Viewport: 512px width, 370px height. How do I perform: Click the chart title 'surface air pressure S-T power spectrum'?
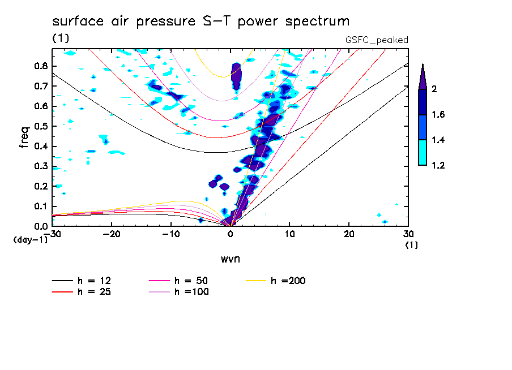[x=200, y=21]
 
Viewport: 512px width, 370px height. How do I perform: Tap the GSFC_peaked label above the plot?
[x=377, y=40]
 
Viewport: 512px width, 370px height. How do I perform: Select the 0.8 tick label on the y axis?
[x=40, y=66]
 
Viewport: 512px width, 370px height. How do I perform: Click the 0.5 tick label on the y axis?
[x=40, y=126]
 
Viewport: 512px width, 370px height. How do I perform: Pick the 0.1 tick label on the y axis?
[x=40, y=206]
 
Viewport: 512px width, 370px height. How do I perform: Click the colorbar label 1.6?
[x=438, y=115]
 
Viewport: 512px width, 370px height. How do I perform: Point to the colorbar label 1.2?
[x=438, y=165]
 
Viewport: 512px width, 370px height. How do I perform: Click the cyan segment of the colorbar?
[x=423, y=152]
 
